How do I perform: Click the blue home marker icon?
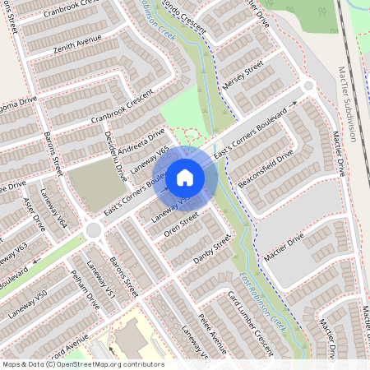tap(185, 177)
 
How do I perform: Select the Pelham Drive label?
tap(85, 294)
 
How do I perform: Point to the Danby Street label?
tap(212, 250)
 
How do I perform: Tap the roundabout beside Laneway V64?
tap(93, 229)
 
